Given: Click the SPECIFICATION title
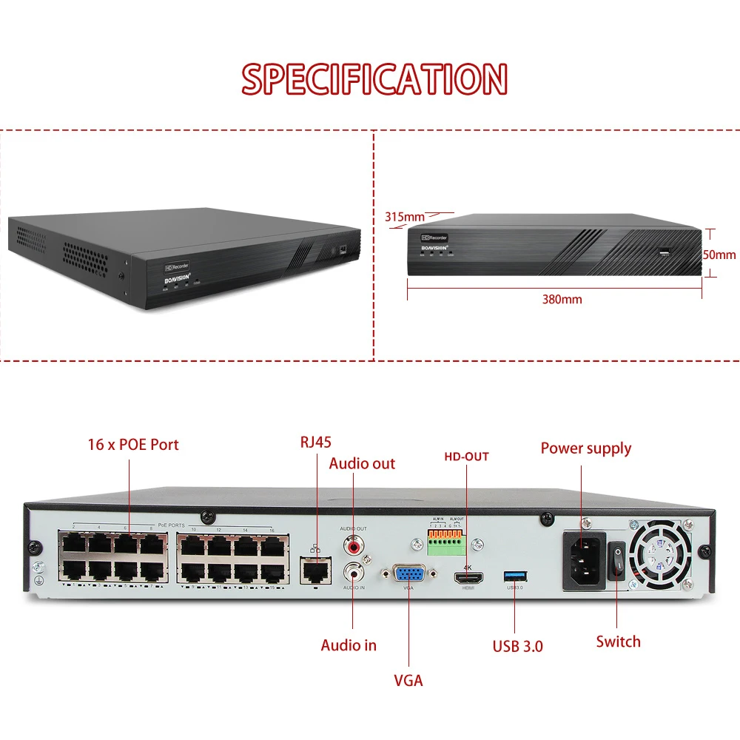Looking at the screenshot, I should pyautogui.click(x=374, y=78).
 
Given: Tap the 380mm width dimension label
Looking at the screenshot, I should pyautogui.click(x=562, y=300).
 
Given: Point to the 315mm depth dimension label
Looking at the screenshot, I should pyautogui.click(x=404, y=217).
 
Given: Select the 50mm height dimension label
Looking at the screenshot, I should pyautogui.click(x=719, y=255).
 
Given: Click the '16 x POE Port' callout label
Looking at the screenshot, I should pyautogui.click(x=133, y=445).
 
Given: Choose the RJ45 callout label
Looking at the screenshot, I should pyautogui.click(x=316, y=443).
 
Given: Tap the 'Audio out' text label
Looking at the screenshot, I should pyautogui.click(x=362, y=464).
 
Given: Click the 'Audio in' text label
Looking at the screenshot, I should pyautogui.click(x=349, y=645).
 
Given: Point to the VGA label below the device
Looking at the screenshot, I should pyautogui.click(x=408, y=680).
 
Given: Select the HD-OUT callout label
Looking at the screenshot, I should pyautogui.click(x=466, y=457).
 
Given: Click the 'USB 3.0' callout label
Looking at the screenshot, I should pyautogui.click(x=518, y=646).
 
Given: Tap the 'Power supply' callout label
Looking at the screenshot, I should pyautogui.click(x=586, y=448).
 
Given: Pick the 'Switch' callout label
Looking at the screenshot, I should pyautogui.click(x=619, y=642).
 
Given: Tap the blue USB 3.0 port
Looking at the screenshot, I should pyautogui.click(x=514, y=575).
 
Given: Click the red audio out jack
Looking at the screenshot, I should pyautogui.click(x=353, y=545).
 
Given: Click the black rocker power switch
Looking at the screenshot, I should pyautogui.click(x=616, y=560).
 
